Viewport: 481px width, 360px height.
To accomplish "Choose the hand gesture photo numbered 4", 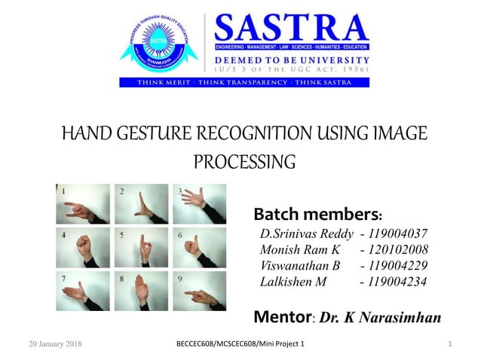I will [84, 247].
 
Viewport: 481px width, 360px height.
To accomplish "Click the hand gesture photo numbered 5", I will [141, 247].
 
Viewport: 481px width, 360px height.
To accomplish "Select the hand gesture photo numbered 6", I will [199, 247].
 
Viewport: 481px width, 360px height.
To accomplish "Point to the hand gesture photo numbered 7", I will [84, 291].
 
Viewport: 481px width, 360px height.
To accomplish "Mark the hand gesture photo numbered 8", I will [141, 291].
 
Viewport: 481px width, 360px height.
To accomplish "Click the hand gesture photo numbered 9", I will [199, 291].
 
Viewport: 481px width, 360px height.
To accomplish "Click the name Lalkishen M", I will [293, 281].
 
